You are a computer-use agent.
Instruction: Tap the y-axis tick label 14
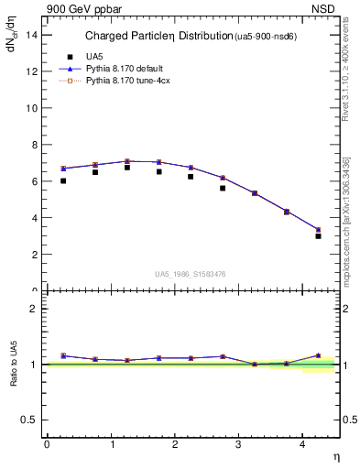point(30,35)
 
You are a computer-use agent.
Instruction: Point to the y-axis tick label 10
point(30,108)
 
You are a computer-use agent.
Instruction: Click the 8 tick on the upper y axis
point(33,145)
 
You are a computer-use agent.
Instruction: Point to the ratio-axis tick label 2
point(33,309)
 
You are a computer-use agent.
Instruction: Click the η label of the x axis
point(334,455)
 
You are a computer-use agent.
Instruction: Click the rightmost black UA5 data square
point(318,236)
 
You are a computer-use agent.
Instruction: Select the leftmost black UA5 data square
point(63,180)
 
